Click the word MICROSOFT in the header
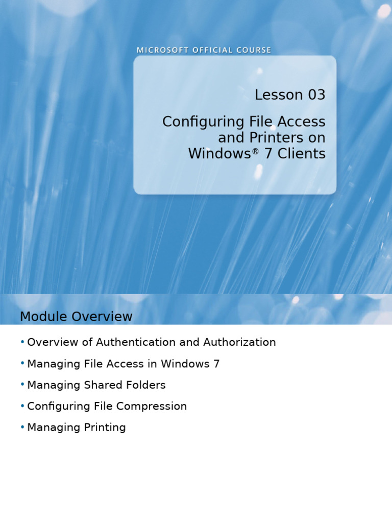pos(156,50)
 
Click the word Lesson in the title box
pos(278,95)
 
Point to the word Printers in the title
pos(277,138)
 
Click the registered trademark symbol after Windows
pos(256,151)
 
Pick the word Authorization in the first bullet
pos(239,342)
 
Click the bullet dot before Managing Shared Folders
pos(22,385)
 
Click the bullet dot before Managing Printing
pos(22,427)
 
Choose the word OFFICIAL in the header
pos(203,50)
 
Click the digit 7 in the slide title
pos(268,154)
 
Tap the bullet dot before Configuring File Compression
pos(22,406)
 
